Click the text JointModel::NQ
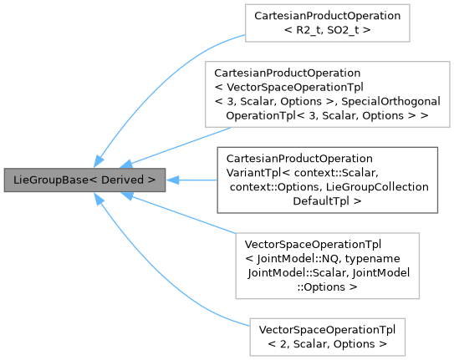[x=294, y=258]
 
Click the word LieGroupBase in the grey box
[x=47, y=180]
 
